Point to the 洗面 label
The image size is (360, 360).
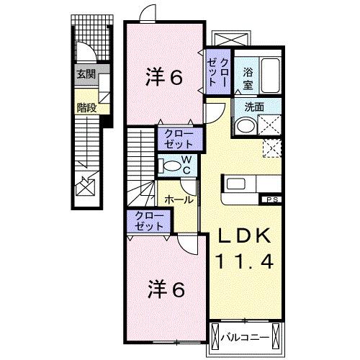(x=253, y=106)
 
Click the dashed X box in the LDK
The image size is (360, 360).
(x=271, y=148)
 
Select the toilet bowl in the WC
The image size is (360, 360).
(x=169, y=166)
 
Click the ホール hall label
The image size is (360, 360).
(x=179, y=199)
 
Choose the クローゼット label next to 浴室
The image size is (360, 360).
(x=218, y=70)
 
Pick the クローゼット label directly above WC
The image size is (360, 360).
(x=174, y=138)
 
